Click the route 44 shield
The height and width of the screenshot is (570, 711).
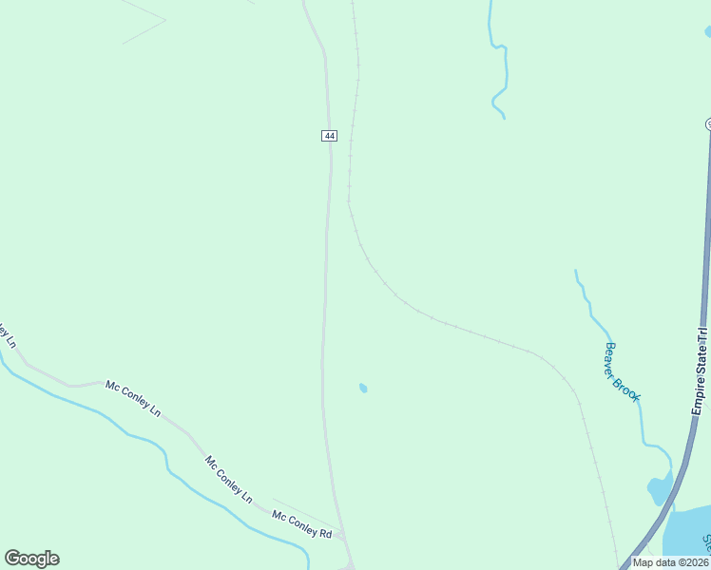(329, 136)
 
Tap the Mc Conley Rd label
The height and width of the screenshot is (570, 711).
(301, 524)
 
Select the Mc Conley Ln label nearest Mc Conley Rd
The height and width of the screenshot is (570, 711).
(228, 480)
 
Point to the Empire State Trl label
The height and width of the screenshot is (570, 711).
(701, 371)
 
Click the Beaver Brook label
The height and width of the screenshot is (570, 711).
(623, 372)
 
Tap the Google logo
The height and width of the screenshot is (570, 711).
(31, 559)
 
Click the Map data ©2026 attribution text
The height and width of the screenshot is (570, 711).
(669, 562)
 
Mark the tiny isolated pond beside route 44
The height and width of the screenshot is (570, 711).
(363, 388)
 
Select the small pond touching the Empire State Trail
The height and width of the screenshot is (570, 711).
(659, 490)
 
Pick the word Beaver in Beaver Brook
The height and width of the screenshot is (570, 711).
(613, 357)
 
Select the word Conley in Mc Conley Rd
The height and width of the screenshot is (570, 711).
(301, 524)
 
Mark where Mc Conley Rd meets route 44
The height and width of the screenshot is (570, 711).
(342, 536)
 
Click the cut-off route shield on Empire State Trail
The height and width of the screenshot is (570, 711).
(708, 124)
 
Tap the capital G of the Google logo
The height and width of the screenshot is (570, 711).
(12, 559)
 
